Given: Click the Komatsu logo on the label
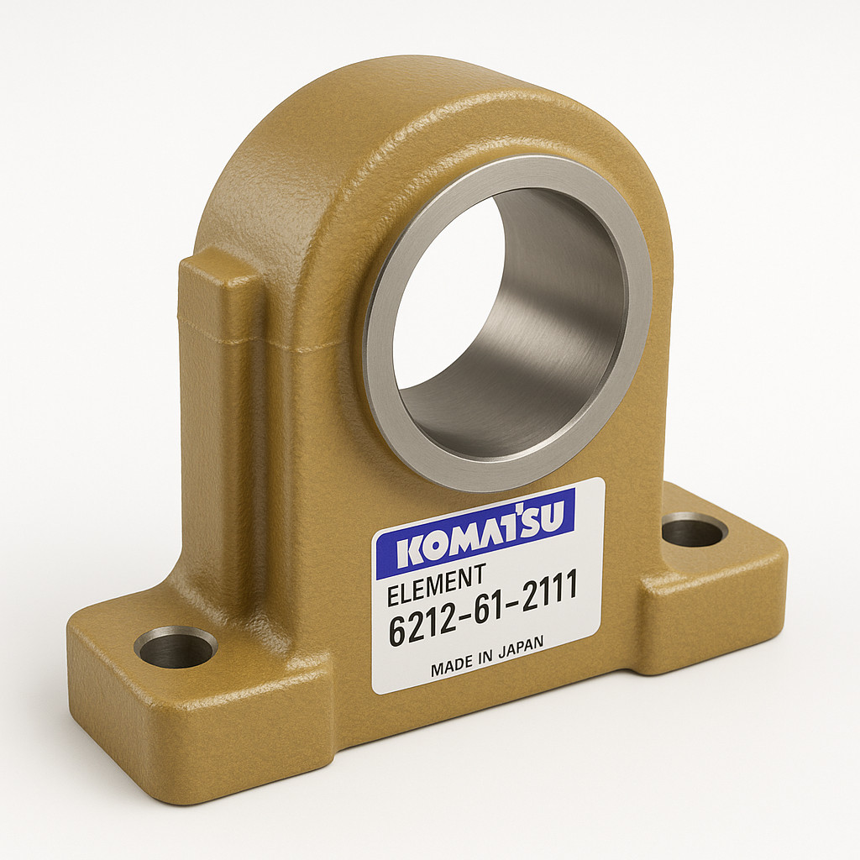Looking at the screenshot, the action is pyautogui.click(x=475, y=533).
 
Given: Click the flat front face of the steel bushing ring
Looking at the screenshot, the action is pyautogui.click(x=379, y=351).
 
